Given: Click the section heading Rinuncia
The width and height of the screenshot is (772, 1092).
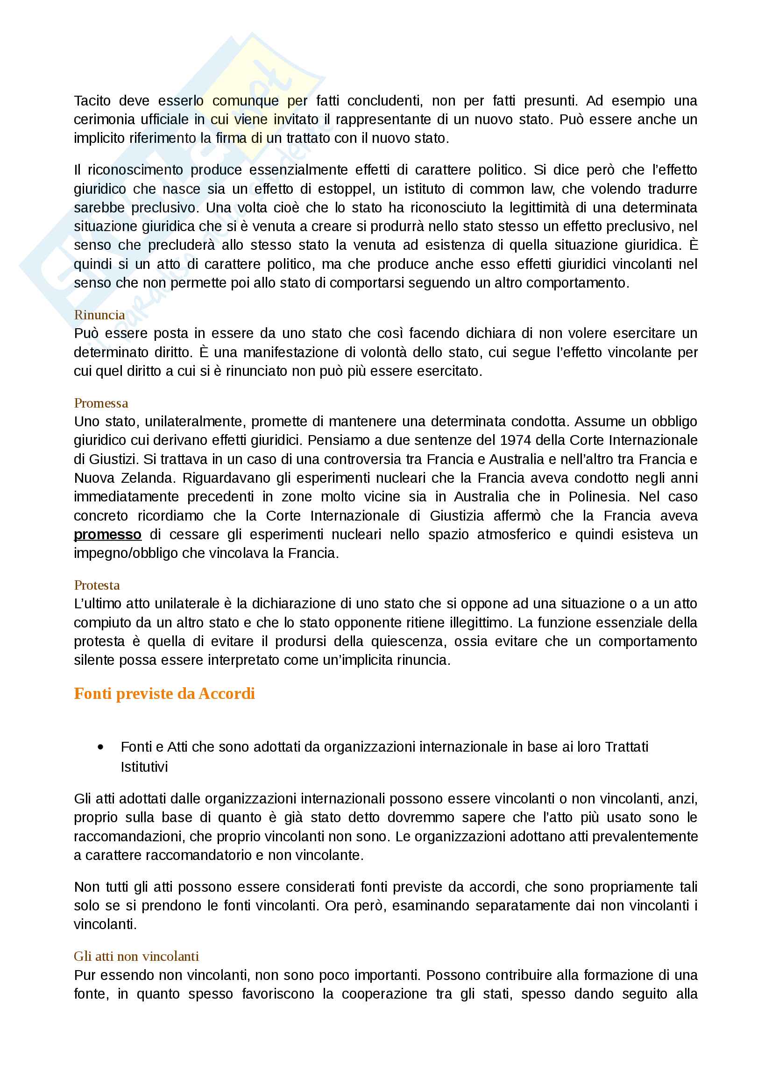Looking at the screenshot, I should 99,315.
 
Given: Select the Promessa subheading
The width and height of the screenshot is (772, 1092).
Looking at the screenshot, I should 101,403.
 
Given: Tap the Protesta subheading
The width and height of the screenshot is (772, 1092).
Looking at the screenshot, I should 97,585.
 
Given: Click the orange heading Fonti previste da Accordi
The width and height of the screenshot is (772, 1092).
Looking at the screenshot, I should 164,693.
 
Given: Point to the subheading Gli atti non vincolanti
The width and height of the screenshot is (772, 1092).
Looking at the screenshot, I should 136,957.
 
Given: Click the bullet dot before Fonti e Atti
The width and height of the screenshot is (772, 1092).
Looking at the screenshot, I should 100,747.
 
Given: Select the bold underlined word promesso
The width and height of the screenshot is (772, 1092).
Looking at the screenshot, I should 107,535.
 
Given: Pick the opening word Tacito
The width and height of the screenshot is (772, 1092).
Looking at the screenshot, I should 92,101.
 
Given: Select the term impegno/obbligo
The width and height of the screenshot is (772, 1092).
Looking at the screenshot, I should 126,553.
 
